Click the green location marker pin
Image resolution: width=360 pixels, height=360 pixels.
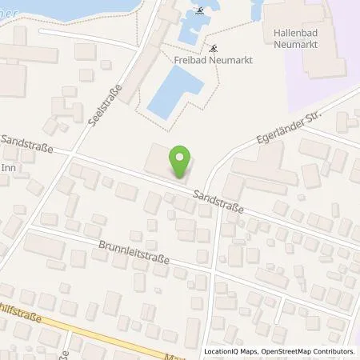(x=182, y=162)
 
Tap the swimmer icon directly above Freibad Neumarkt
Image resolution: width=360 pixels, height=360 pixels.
(x=213, y=46)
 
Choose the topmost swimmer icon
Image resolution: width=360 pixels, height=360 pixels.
(x=198, y=12)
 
